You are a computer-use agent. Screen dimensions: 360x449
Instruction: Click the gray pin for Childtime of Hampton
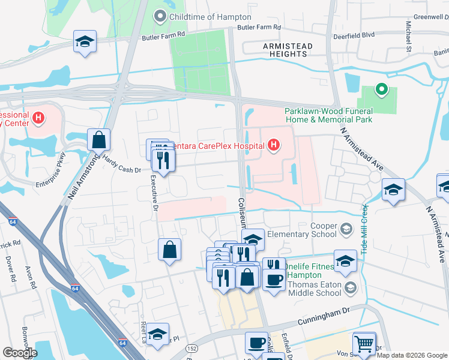tap(160, 16)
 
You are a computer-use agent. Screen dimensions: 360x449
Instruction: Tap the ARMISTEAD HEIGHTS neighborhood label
tap(285, 49)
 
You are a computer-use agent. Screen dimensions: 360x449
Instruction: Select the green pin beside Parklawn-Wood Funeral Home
tap(381, 91)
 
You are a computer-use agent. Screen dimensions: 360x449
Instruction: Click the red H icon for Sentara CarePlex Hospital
tap(274, 145)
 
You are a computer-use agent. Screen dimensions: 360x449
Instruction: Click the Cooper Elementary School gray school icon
tap(346, 229)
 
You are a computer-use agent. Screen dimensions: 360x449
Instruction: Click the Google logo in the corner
tap(20, 353)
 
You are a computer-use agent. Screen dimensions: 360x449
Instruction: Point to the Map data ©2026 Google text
tap(412, 355)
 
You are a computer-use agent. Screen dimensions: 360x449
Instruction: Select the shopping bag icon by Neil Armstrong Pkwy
tap(98, 140)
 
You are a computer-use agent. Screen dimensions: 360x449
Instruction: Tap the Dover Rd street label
tap(12, 270)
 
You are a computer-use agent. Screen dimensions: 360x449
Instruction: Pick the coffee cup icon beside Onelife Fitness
tap(274, 279)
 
